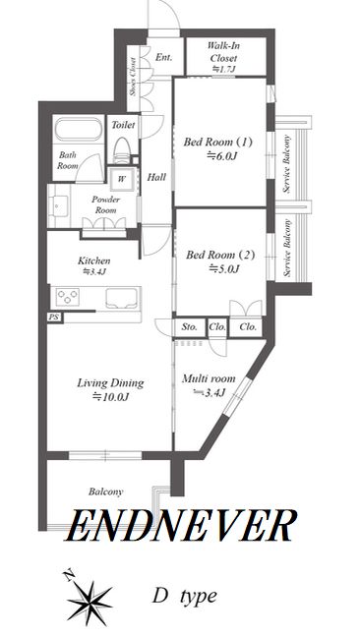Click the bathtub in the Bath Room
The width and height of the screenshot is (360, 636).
78,129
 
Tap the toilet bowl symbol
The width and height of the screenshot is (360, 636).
121,149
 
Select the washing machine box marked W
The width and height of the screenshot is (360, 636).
121,178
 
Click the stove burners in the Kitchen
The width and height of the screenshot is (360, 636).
67,297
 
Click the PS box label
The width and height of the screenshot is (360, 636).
53,318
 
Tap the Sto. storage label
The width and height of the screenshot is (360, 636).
190,326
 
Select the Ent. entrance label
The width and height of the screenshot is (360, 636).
163,57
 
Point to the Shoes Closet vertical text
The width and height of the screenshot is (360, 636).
133,77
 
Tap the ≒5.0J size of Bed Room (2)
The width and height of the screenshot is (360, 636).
223,268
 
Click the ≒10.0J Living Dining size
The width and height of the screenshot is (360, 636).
111,396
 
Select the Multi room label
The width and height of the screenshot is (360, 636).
209,378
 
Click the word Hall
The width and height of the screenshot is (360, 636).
156,177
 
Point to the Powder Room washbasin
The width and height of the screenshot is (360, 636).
59,205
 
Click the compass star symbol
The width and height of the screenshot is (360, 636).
89,600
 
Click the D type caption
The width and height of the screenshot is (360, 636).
184,596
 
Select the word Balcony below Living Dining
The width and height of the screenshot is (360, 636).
105,492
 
